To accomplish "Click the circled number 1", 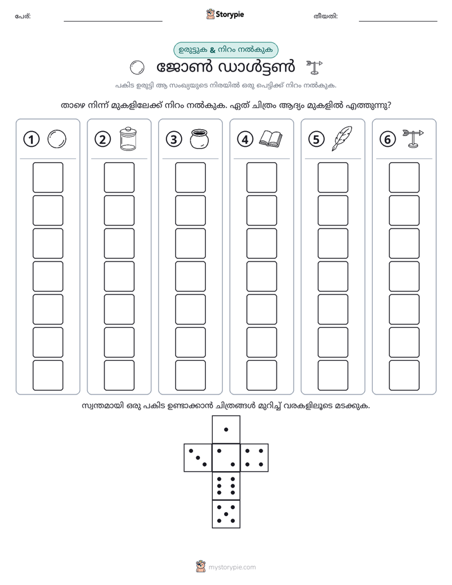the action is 31,139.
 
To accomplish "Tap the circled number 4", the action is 245,139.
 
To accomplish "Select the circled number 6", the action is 387,139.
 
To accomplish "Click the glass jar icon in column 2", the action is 129,139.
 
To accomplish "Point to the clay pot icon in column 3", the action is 199,139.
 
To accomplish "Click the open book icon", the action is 271,139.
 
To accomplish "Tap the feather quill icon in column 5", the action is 342,139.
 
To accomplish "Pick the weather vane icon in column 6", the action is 413,139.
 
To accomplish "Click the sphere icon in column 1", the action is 57,139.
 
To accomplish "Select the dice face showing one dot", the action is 226,430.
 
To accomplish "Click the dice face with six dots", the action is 226,486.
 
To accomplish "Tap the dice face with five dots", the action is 226,514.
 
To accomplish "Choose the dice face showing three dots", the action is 198,458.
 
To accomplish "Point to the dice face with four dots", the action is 254,458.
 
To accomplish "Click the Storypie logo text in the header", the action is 230,15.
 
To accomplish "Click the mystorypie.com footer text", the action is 232,567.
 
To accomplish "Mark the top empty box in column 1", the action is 47,177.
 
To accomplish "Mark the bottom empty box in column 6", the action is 405,375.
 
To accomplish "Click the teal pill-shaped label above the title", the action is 225,50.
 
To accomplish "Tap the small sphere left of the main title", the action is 137,68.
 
